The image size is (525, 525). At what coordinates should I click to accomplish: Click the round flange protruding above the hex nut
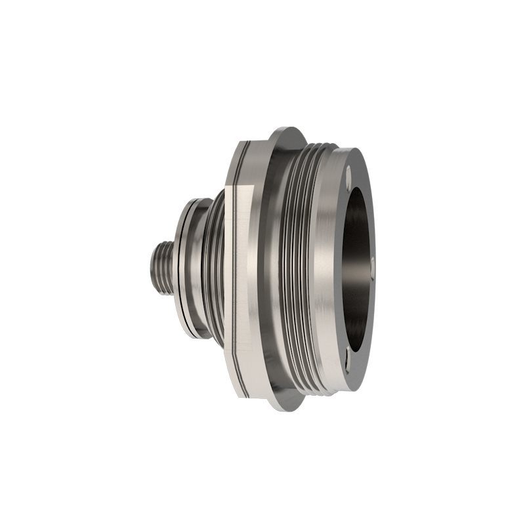click(286, 135)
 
